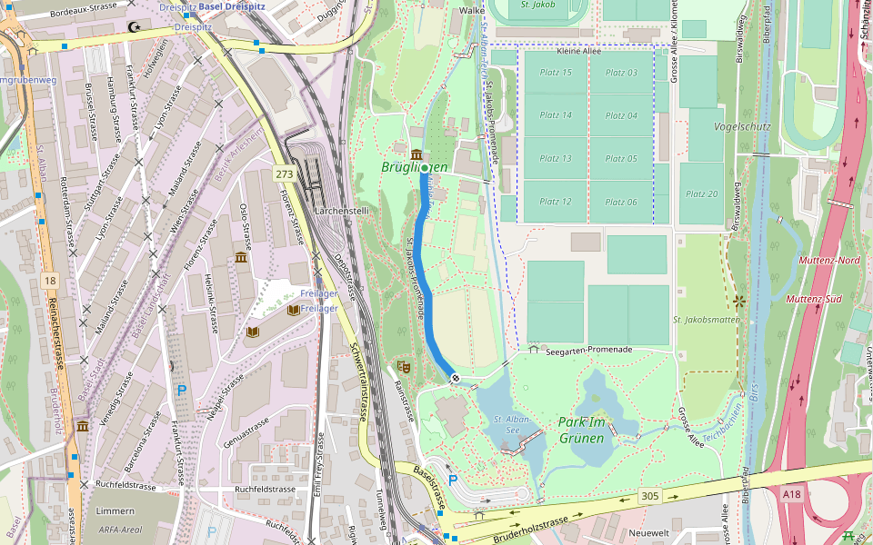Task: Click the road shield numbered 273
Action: coord(285,173)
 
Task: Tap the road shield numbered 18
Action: coord(49,282)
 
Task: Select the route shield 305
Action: coord(649,495)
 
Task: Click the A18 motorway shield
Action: coord(792,494)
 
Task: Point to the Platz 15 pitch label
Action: coord(556,73)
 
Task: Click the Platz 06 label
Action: coord(621,202)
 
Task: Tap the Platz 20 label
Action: coord(701,193)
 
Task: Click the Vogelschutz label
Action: coord(743,126)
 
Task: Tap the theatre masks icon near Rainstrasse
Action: coord(404,366)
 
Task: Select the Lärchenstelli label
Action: coord(340,211)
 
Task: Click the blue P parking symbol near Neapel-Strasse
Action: coord(181,391)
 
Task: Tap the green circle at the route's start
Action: coord(425,168)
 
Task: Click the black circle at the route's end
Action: coord(454,378)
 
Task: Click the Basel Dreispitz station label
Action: coord(233,6)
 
